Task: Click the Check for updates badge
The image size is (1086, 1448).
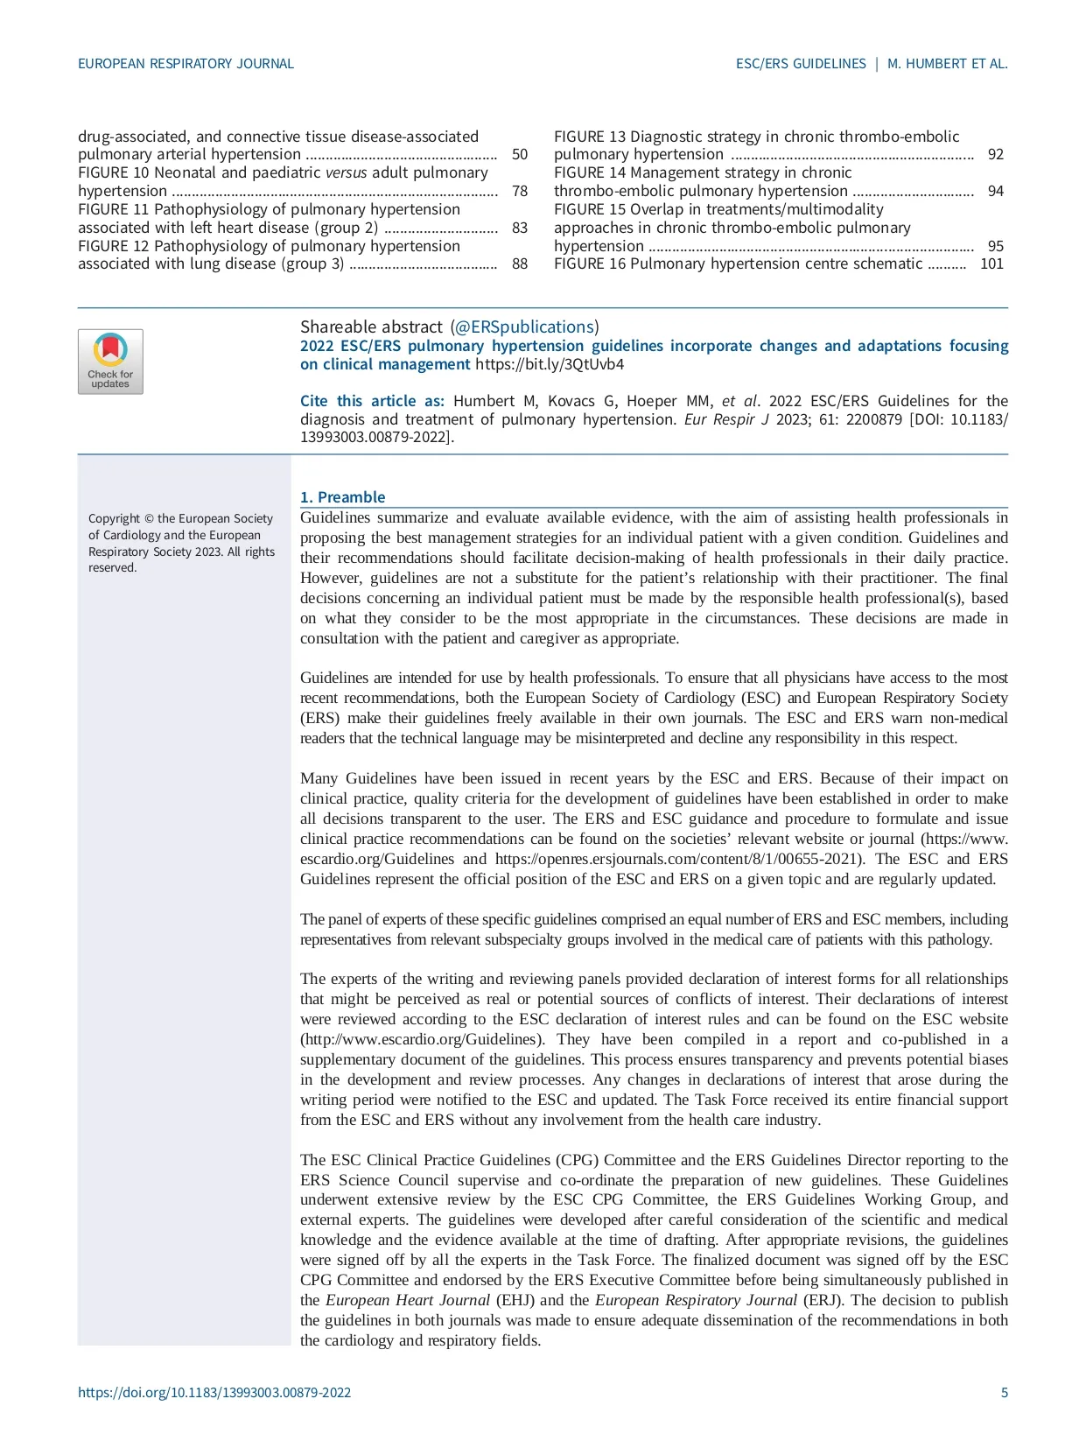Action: tap(110, 362)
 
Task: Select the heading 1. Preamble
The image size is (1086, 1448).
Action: tap(342, 497)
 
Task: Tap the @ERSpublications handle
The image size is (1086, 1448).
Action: tap(524, 327)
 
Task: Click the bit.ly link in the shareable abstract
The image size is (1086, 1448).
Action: tap(550, 364)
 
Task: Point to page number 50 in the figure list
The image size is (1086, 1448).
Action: tap(520, 155)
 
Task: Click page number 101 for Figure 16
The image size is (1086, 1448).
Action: tap(991, 264)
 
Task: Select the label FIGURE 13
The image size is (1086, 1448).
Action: tap(590, 137)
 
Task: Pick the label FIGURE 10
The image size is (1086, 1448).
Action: tap(114, 172)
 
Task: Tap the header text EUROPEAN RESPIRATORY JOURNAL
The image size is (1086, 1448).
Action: tap(186, 64)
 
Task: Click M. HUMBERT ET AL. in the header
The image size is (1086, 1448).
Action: tap(947, 64)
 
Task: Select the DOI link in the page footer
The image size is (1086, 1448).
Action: tap(214, 1393)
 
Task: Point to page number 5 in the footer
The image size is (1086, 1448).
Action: tap(1005, 1393)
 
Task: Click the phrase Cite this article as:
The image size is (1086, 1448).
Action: tap(372, 401)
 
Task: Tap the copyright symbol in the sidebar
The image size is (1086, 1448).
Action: tap(149, 519)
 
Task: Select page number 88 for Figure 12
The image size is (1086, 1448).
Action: tap(520, 264)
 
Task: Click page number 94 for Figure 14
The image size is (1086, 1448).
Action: tap(995, 191)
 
